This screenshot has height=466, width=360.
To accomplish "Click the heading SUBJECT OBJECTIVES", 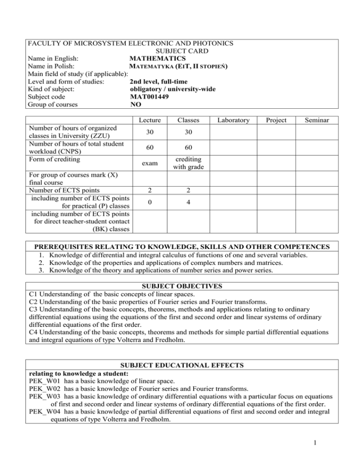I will tap(180, 286).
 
